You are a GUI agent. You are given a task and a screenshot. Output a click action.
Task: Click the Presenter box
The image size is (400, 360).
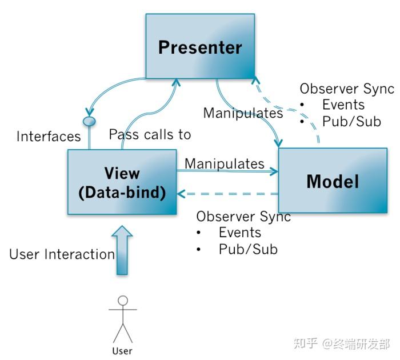click(200, 46)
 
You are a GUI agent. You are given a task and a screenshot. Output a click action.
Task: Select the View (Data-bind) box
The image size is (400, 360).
click(121, 182)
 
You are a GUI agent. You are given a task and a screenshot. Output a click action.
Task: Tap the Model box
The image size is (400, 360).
click(333, 181)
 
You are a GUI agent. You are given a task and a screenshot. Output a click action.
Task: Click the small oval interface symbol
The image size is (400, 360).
click(89, 121)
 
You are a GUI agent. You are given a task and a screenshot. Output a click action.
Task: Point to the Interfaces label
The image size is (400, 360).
click(49, 137)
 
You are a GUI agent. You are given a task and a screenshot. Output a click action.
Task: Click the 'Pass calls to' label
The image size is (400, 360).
click(150, 135)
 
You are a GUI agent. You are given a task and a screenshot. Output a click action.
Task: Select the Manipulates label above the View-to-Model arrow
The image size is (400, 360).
click(224, 163)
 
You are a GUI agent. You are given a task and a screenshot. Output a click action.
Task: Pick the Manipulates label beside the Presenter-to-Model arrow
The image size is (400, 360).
click(243, 113)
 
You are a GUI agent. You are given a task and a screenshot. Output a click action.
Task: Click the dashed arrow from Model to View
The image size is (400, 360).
click(229, 194)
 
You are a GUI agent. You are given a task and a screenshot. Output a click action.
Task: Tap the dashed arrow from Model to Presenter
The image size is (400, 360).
click(297, 109)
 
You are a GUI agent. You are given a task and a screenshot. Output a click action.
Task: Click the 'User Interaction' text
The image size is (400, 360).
click(62, 254)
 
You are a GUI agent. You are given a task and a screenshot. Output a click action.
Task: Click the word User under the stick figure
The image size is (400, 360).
click(122, 350)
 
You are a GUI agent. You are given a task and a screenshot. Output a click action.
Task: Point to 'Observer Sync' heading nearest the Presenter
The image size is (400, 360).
click(347, 89)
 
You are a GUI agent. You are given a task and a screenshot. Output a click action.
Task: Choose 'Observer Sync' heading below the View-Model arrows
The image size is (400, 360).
click(243, 217)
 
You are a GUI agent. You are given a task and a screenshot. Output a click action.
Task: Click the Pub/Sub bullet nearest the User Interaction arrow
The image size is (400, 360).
click(247, 249)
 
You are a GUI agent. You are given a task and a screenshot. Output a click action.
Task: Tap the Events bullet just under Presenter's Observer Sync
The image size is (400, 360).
click(343, 105)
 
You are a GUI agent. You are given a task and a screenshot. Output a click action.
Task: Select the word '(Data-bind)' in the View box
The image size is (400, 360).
click(121, 193)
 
